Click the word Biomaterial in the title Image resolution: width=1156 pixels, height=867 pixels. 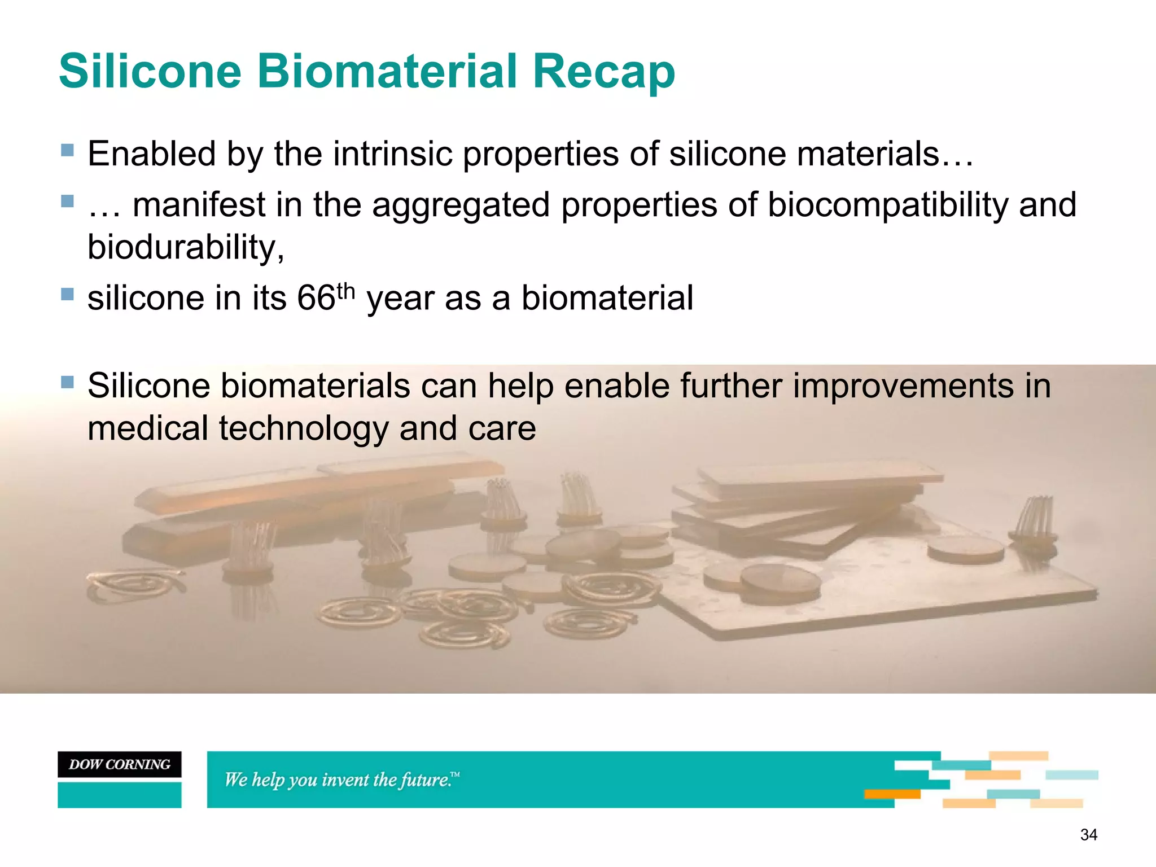pyautogui.click(x=387, y=71)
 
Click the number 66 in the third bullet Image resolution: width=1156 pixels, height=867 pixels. pyautogui.click(x=316, y=298)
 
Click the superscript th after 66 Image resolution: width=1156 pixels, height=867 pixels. pyautogui.click(x=345, y=291)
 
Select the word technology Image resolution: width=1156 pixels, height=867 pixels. pyautogui.click(x=304, y=428)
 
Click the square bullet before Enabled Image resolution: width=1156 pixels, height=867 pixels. pyautogui.click(x=67, y=150)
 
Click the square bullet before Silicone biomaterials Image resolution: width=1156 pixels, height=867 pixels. pyautogui.click(x=67, y=383)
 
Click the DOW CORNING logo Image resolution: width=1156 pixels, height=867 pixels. pyautogui.click(x=119, y=764)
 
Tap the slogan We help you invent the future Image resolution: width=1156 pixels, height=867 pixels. pyautogui.click(x=341, y=780)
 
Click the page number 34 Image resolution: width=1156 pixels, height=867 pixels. pyautogui.click(x=1088, y=835)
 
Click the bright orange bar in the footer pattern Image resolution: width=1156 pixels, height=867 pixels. pyautogui.click(x=892, y=794)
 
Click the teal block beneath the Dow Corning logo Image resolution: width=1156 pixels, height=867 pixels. pyautogui.click(x=119, y=795)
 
